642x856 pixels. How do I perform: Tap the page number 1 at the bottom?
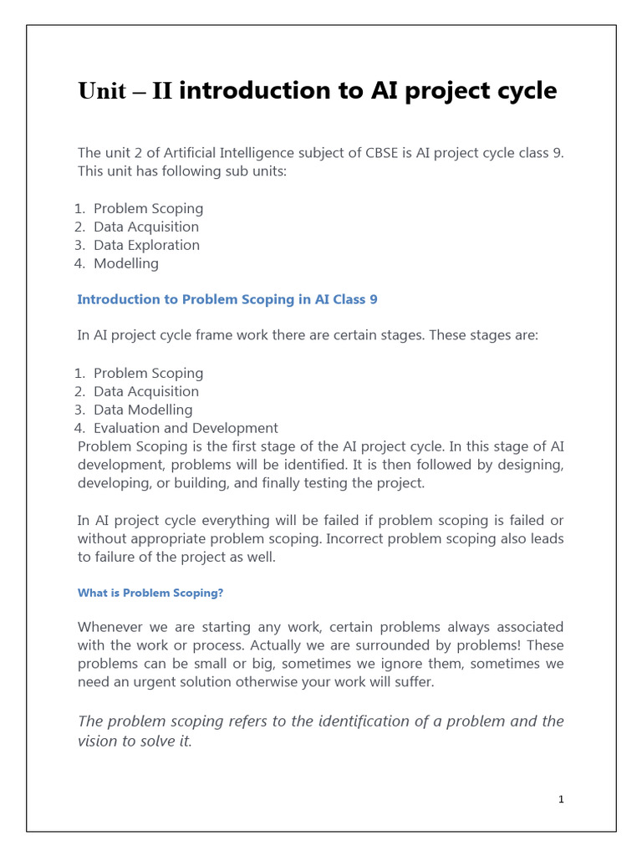pyautogui.click(x=562, y=799)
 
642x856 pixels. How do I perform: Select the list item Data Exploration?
pyautogui.click(x=146, y=245)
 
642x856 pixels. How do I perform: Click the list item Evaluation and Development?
pyautogui.click(x=186, y=428)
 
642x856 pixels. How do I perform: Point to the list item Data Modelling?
pyautogui.click(x=143, y=410)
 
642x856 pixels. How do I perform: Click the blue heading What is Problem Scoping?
pyautogui.click(x=150, y=594)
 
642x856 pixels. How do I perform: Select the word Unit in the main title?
pyautogui.click(x=102, y=91)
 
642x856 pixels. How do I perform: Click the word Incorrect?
pyautogui.click(x=364, y=539)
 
